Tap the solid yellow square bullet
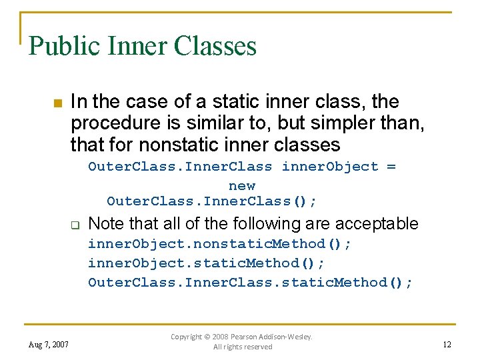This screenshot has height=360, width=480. point(57,103)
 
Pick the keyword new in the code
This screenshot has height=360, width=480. point(241,185)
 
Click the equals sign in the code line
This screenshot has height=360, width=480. point(390,167)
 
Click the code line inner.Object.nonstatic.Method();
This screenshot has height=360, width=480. point(219,244)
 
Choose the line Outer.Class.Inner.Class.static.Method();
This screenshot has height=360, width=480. point(250,283)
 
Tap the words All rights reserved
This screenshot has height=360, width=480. point(243,347)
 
